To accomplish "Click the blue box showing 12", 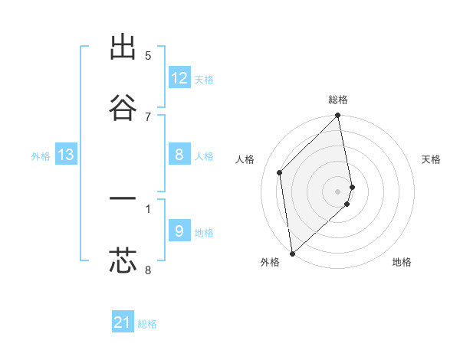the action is coord(179,78).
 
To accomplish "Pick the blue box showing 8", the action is coord(179,155).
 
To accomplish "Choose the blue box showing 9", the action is coord(179,231).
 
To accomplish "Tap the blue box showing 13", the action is coord(66,155).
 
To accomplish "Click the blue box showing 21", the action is coord(123,322).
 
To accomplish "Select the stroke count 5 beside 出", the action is coord(148,56).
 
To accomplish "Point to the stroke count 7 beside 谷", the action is coord(148,116).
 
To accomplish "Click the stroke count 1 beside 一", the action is coord(148,208).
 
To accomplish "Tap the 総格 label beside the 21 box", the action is coord(147,324).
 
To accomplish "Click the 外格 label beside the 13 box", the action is coord(41,156).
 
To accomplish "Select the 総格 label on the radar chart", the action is coord(338,100).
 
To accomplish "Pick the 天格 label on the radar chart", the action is coord(432,159).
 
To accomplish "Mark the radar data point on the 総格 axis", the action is coord(338,116).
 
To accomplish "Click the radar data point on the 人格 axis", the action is coord(280,172).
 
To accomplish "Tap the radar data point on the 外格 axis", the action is coord(292,252).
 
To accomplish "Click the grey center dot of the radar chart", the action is coord(338,191).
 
